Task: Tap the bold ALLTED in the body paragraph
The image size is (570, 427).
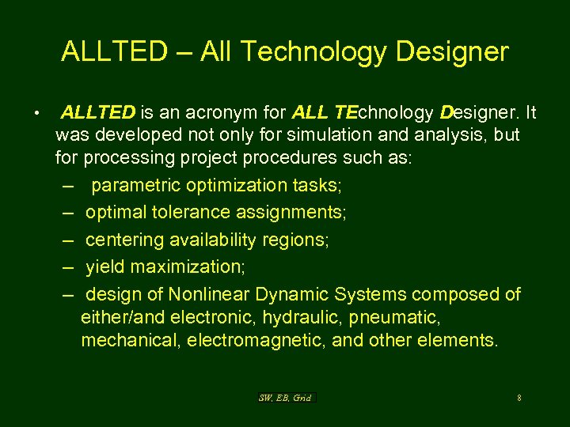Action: pyautogui.click(x=98, y=112)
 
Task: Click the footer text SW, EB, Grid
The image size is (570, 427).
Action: pyautogui.click(x=285, y=398)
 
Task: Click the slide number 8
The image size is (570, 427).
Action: pyautogui.click(x=519, y=398)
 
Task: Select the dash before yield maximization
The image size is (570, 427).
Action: pyautogui.click(x=68, y=267)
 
